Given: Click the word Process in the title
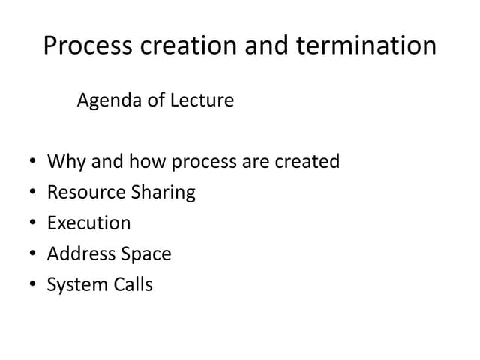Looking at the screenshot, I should point(88,46).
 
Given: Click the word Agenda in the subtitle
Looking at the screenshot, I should point(109,100).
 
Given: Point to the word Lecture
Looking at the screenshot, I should point(202,100).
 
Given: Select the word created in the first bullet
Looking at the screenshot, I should point(308,162).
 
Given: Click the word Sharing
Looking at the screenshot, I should point(163,193).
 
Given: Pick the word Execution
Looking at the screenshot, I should point(88,223).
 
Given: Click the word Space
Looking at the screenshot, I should point(145,254).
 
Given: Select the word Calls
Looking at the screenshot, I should point(133,285).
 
